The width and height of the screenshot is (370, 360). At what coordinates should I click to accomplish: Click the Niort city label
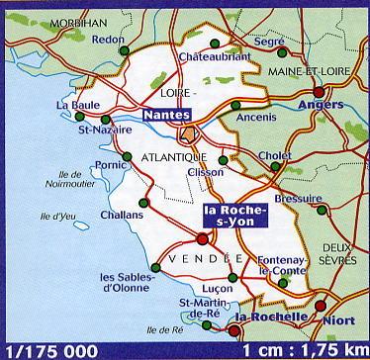[338, 319]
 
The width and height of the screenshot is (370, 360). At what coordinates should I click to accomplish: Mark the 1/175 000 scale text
[51, 350]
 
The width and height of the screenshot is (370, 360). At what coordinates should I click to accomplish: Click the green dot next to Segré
[283, 52]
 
